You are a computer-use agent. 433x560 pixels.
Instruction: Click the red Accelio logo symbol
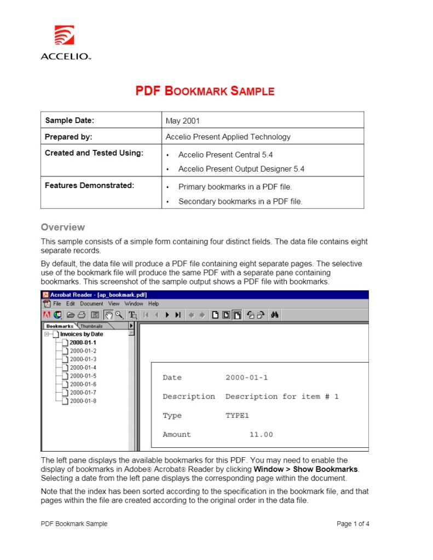coord(63,36)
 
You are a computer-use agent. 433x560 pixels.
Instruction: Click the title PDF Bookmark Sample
coord(205,91)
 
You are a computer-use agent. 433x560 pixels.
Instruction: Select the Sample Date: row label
coord(70,120)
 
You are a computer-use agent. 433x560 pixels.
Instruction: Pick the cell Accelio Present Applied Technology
coord(228,137)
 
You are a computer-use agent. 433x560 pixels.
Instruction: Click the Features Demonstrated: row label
coord(89,185)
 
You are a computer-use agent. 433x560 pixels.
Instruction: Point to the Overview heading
coord(63,227)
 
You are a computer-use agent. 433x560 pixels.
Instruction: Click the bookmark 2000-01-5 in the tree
coord(83,376)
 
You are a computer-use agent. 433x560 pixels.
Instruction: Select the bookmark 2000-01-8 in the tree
coord(83,401)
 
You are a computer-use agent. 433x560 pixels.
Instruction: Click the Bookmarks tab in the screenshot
coord(60,326)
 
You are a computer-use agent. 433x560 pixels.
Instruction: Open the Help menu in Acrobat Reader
coord(154,304)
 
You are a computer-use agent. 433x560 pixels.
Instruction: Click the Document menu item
coord(91,304)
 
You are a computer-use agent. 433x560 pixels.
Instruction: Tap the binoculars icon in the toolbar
coord(275,314)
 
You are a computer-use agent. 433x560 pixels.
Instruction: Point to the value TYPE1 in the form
coord(237,416)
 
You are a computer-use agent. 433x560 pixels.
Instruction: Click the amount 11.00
coord(261,435)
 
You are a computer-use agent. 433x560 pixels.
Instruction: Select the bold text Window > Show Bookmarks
coord(306,469)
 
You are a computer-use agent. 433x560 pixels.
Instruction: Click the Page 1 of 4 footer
coord(353,524)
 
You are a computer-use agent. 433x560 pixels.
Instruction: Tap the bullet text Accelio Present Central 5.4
coord(226,155)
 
